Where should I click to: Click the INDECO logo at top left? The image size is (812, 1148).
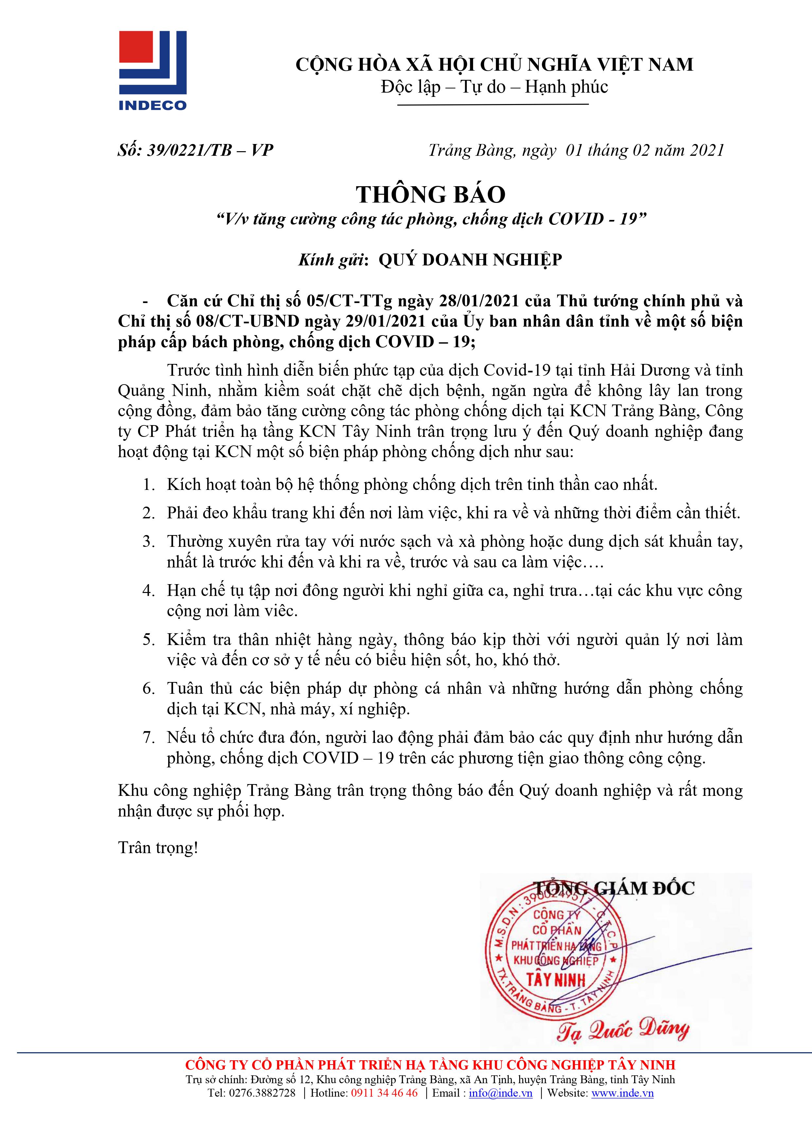pos(152,70)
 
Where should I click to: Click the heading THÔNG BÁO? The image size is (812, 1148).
pos(431,194)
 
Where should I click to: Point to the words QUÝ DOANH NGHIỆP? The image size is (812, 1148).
pos(470,260)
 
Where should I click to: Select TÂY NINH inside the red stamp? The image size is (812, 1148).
pos(556,979)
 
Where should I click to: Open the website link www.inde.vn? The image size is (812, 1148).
pos(623,1092)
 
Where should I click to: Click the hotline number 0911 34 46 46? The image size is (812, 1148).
pos(384,1092)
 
